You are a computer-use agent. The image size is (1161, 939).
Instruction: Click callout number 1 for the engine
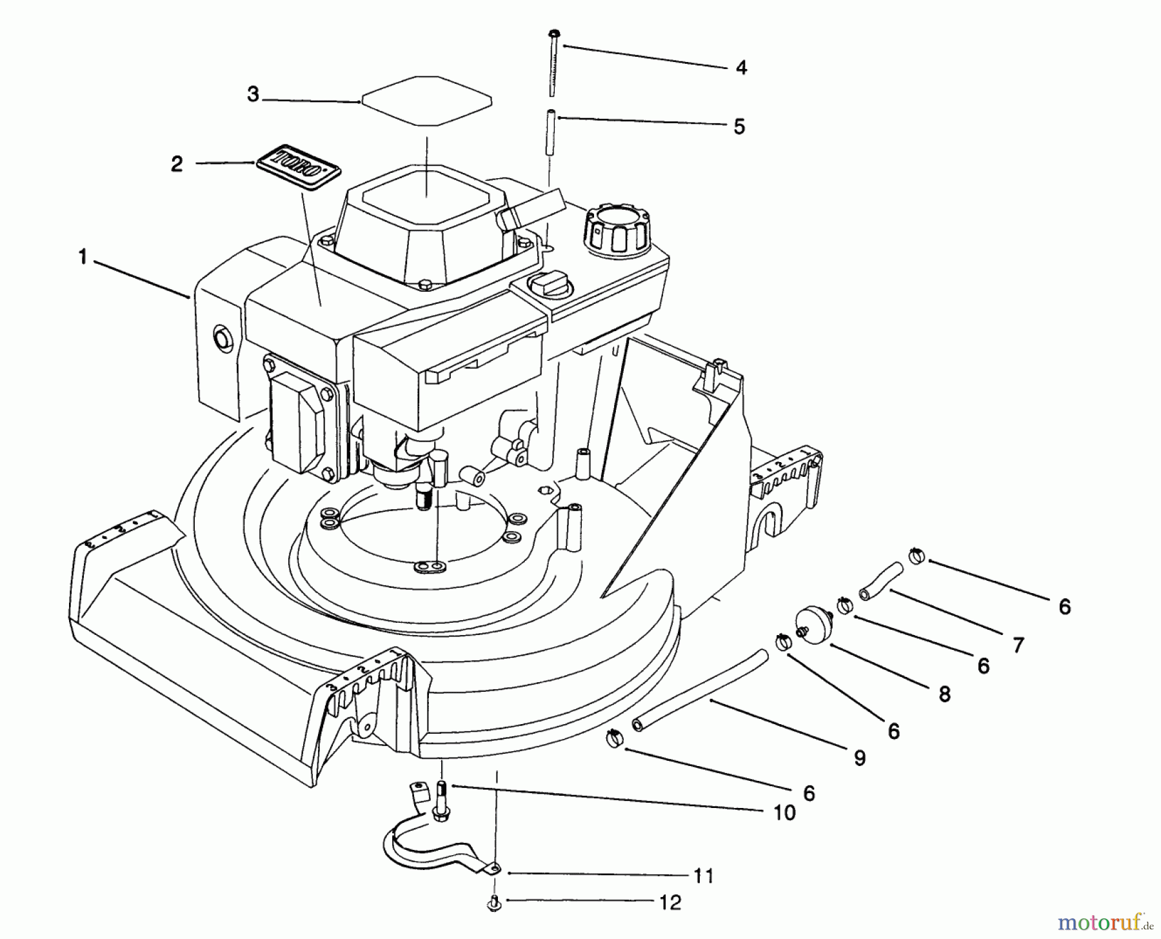(82, 257)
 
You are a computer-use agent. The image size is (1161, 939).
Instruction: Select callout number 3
(253, 95)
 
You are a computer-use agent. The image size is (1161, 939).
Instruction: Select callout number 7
(1018, 644)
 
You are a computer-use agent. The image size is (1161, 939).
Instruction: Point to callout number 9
(859, 758)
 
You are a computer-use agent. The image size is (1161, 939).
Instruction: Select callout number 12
(671, 902)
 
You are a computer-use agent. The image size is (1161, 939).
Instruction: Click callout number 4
(741, 67)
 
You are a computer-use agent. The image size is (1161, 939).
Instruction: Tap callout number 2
(177, 164)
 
